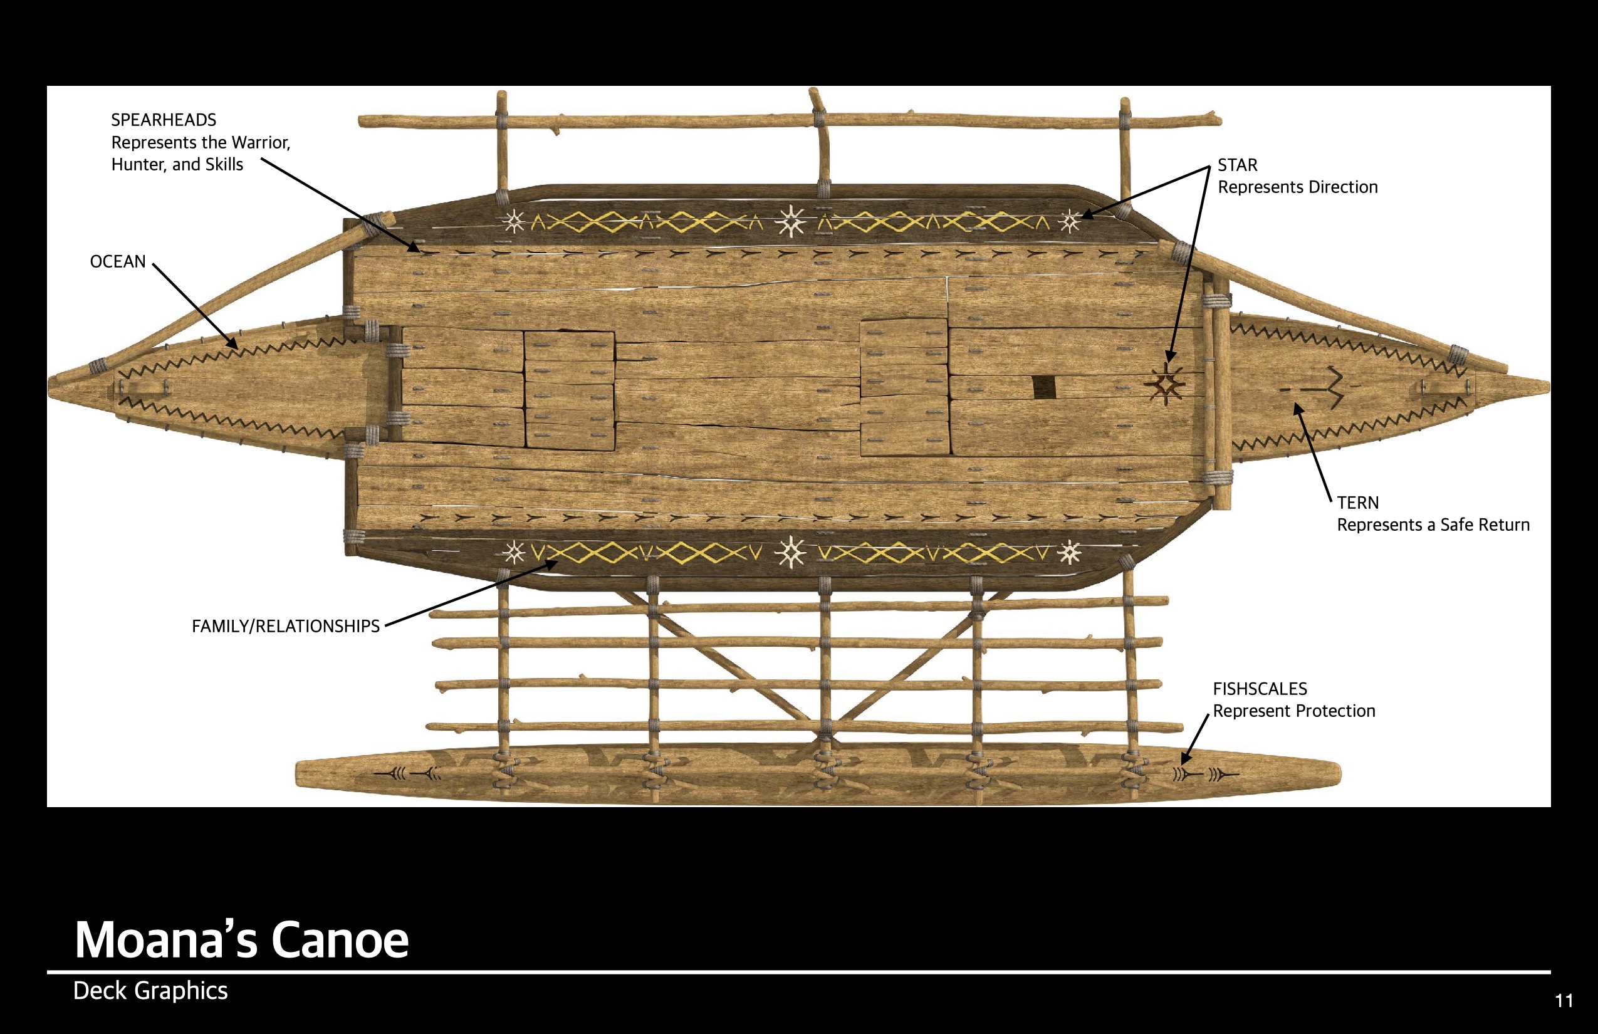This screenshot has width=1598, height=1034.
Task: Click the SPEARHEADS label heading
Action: [x=163, y=120]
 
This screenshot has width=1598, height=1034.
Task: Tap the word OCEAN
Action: [x=118, y=262]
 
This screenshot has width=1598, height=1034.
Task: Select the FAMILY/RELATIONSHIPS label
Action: [x=285, y=627]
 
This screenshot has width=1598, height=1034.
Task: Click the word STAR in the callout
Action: [x=1237, y=165]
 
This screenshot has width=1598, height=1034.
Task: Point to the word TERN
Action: [x=1357, y=503]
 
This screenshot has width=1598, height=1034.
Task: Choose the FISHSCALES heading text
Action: [x=1260, y=689]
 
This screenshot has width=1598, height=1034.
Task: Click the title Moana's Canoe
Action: [x=241, y=939]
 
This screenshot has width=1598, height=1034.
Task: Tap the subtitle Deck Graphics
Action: [x=150, y=991]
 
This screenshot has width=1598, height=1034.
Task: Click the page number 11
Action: [x=1564, y=1001]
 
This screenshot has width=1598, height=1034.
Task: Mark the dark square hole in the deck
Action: [x=1043, y=387]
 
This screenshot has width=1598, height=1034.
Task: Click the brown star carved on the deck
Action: [x=1166, y=385]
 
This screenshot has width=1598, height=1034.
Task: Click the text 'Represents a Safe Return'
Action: [x=1433, y=525]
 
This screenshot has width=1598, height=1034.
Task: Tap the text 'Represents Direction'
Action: [x=1297, y=187]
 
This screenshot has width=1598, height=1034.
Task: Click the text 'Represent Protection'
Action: [x=1294, y=711]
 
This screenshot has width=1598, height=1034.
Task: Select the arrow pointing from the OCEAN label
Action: [x=195, y=306]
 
